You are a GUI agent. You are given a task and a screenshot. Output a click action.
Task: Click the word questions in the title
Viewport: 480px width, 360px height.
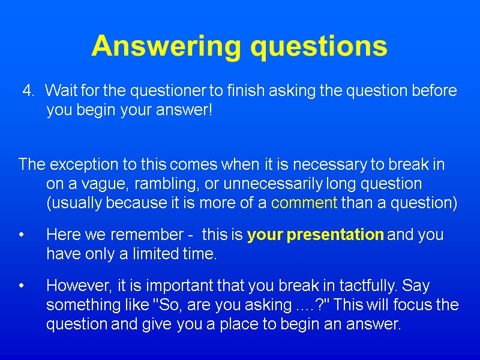coord(319,46)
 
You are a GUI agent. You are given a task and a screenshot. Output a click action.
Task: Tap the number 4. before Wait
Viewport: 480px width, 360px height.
coord(29,91)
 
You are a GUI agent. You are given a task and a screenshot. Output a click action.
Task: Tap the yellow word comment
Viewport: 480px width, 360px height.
coord(304,203)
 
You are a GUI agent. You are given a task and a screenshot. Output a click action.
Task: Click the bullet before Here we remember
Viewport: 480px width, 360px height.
coord(22,235)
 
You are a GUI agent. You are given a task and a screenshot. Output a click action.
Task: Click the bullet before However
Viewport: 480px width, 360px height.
coord(22,286)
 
